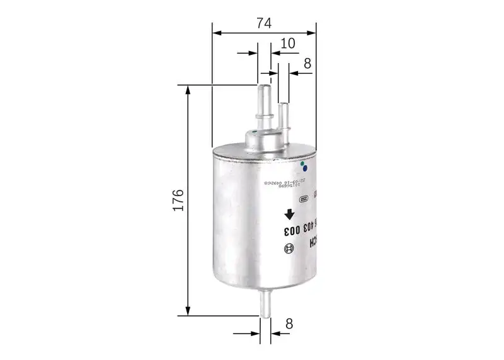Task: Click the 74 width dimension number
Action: (263, 23)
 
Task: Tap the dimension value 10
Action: (288, 44)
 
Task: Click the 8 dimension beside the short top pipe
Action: (307, 64)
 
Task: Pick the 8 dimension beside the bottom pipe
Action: (289, 324)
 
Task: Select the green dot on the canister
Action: (302, 163)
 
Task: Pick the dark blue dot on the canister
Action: (305, 168)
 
